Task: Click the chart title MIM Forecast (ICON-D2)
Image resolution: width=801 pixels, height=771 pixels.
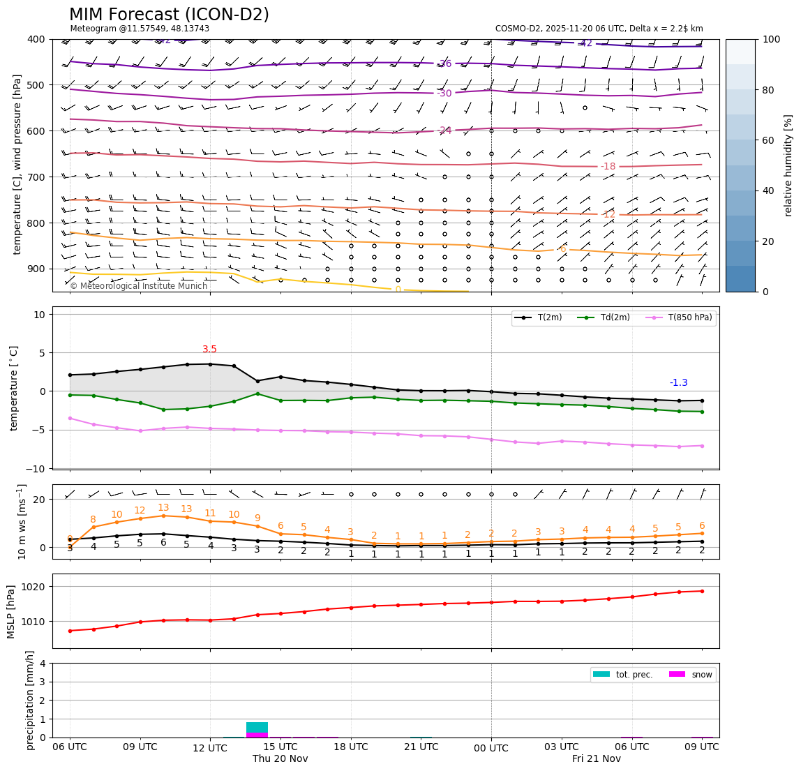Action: pyautogui.click(x=169, y=15)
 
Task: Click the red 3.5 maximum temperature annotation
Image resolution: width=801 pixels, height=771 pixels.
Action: pyautogui.click(x=209, y=350)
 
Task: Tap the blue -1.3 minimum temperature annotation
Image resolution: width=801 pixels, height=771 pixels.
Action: pyautogui.click(x=678, y=383)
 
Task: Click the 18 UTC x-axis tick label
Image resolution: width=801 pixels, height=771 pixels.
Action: pyautogui.click(x=350, y=747)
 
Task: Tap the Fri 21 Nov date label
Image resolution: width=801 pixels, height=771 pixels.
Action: pyautogui.click(x=596, y=758)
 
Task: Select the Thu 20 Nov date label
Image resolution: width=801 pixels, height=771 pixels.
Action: pyautogui.click(x=280, y=758)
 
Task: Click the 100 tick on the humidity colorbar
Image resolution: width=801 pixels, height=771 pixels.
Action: pyautogui.click(x=770, y=39)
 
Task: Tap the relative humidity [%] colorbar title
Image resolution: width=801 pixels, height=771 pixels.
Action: pyautogui.click(x=788, y=165)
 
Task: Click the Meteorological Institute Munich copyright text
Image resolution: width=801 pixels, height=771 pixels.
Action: pyautogui.click(x=138, y=286)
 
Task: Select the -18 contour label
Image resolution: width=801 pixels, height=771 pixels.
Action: pyautogui.click(x=608, y=166)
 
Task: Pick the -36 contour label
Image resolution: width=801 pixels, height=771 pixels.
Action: pyautogui.click(x=444, y=64)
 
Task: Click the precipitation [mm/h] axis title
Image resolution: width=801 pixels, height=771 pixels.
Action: pyautogui.click(x=30, y=700)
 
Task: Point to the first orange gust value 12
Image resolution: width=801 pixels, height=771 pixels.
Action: pyautogui.click(x=140, y=511)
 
